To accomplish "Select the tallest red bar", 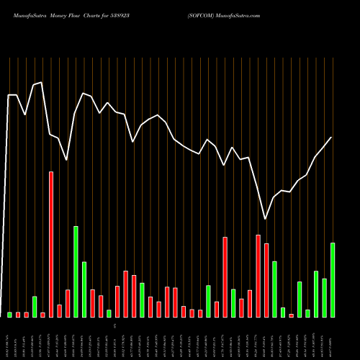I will [51, 244].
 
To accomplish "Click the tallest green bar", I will [76, 271].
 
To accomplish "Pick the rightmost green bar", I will [333, 279].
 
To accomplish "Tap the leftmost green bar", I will [10, 315].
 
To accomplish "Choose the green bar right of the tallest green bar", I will [84, 289].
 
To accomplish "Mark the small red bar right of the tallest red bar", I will [60, 310].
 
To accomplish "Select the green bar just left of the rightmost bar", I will [324, 297].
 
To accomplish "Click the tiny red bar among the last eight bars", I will [292, 315].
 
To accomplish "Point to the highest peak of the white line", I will [42, 83].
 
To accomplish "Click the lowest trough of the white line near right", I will [266, 219].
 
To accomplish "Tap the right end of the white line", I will [332, 138].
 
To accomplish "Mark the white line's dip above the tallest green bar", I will [67, 160].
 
